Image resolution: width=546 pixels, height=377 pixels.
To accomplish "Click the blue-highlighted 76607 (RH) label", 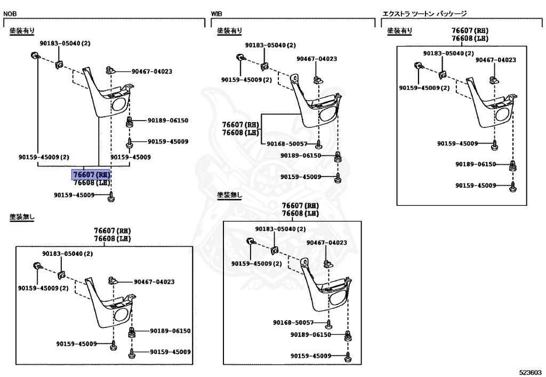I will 91,174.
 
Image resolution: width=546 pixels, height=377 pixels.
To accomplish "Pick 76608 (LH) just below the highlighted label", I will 91,182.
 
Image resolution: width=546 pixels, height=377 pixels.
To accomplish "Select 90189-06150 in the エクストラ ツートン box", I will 475,164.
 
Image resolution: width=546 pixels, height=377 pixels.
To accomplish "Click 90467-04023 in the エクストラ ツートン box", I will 495,60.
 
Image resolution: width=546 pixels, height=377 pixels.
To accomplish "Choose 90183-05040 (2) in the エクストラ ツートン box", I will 448,53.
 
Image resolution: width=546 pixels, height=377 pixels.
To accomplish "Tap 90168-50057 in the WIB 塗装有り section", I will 286,144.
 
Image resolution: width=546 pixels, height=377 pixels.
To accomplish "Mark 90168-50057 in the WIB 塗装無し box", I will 293,323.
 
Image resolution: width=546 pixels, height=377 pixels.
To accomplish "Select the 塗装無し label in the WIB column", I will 229,196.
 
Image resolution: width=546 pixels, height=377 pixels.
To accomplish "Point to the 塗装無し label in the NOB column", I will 22,217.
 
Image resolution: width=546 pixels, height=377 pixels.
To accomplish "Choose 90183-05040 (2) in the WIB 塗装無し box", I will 280,229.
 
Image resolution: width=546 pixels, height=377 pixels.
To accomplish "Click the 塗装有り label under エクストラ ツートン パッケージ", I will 399,31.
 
